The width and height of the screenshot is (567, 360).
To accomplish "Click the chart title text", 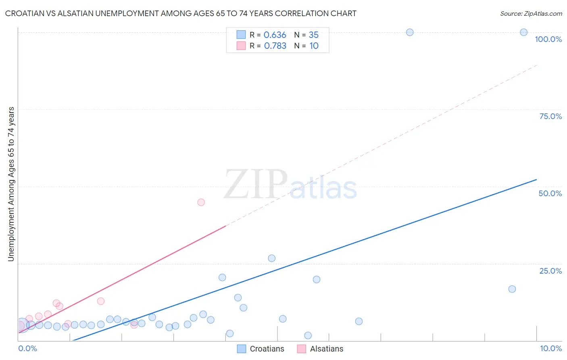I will pos(181,13).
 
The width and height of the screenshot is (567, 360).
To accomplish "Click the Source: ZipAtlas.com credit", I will pos(531,13).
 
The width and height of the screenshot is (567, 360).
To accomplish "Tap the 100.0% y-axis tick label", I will pos(548,39).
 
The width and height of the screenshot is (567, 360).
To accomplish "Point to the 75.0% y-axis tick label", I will pos(550,116).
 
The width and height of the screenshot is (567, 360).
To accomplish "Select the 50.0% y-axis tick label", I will pos(550,193).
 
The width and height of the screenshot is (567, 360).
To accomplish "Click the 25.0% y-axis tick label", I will pos(550,271).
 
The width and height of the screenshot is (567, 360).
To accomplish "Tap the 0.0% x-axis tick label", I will pos(27,348).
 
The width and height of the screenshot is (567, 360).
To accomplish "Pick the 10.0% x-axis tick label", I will pos(550,348).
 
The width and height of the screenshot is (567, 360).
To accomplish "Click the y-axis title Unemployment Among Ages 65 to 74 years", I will pos(11,184).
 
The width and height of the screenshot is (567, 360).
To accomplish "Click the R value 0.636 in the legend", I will pos(275,35).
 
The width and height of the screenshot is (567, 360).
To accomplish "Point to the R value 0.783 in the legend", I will pos(275,46).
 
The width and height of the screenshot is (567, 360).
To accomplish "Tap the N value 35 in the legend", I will pos(313,35).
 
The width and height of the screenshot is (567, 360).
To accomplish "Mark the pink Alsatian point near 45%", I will pos(201,202).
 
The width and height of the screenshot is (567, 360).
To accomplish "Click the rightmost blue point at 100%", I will pos(523,32).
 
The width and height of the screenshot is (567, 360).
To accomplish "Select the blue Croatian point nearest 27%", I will pos(271,258).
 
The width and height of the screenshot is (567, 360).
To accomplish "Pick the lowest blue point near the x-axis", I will pos(308,335).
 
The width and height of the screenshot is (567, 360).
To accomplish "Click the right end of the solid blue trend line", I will pos(536,179).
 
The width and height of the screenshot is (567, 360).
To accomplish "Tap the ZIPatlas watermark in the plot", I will pos(290,185).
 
